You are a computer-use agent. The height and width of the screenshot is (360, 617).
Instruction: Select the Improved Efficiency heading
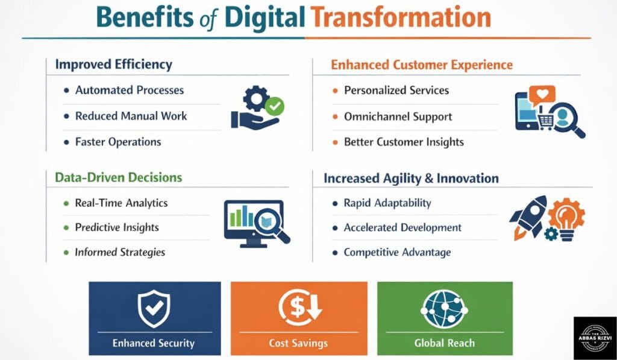click(x=113, y=65)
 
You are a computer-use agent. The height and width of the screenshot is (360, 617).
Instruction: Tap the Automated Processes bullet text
click(x=129, y=90)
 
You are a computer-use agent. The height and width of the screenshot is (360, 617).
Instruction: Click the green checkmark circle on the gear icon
click(x=275, y=107)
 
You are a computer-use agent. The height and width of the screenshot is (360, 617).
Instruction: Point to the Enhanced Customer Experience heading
click(x=422, y=65)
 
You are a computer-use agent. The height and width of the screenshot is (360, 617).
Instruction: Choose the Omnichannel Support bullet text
click(x=398, y=116)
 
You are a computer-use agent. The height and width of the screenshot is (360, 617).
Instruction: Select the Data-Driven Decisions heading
click(x=118, y=177)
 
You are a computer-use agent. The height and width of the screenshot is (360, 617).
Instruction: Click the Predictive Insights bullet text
click(x=117, y=227)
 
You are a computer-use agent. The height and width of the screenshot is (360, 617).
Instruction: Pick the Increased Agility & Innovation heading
click(x=411, y=178)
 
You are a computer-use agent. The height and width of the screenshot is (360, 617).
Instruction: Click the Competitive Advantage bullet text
click(x=397, y=252)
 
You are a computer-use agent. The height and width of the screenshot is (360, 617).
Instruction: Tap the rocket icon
click(x=528, y=215)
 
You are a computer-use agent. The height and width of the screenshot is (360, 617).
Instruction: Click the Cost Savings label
click(x=298, y=343)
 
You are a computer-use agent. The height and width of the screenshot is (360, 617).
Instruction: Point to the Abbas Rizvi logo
click(x=594, y=338)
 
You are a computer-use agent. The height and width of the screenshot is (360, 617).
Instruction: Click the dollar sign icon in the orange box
click(x=299, y=308)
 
